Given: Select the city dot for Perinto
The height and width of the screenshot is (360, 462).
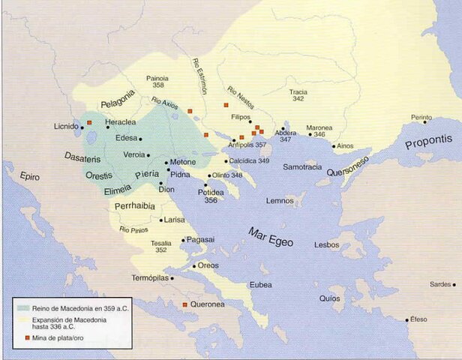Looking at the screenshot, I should point(424,122).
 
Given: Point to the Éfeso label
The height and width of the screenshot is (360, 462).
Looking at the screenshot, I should point(418,319).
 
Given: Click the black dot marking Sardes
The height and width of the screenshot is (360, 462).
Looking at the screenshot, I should point(454,284).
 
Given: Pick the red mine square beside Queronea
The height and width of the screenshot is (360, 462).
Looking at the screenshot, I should point(185,304).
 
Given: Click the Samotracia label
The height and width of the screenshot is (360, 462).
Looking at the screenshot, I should point(302,166).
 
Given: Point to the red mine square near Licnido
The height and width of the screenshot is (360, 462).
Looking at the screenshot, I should point(89,121).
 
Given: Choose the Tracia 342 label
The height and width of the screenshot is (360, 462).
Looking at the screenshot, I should point(298,95).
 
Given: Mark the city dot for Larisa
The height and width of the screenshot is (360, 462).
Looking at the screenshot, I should point(161,220).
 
